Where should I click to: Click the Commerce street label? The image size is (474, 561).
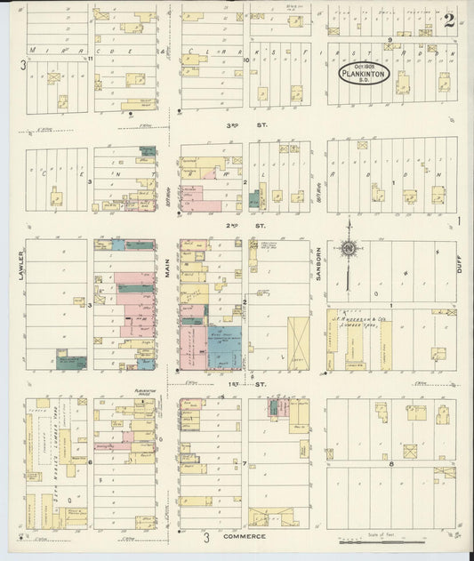click(x=245, y=537)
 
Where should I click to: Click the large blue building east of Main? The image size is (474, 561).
click(x=225, y=348)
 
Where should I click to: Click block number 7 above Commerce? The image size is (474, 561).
click(x=244, y=463)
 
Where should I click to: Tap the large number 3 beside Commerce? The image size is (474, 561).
click(x=205, y=537)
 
